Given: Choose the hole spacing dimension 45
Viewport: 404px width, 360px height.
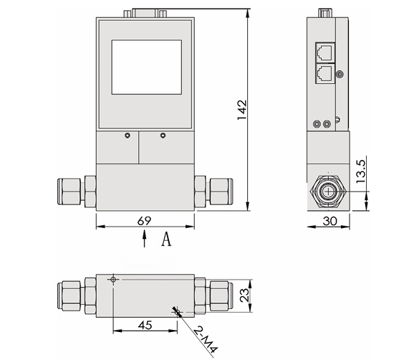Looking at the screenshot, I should point(144,323).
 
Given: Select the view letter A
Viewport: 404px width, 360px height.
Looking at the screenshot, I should point(165,240).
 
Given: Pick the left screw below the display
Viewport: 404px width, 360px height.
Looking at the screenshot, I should point(126,136).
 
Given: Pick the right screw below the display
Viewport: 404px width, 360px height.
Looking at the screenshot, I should point(163,136).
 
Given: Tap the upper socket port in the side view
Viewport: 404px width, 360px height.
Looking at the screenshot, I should point(323,50).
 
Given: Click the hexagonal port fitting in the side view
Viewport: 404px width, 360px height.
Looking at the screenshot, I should point(328,191).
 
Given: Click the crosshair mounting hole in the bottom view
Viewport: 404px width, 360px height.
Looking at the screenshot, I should point(112,280).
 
